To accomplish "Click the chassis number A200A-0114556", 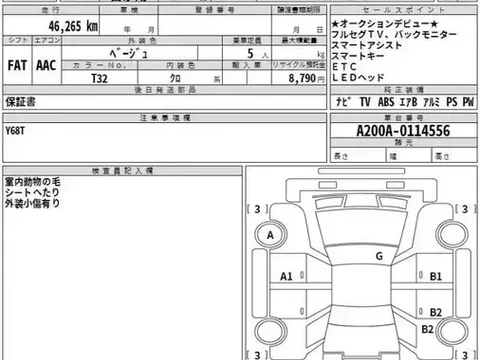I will point(402,129).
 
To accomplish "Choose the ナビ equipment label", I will point(340,102).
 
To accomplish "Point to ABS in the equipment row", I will point(383,102).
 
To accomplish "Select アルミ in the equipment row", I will point(429,102).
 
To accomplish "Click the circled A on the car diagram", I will point(270,236).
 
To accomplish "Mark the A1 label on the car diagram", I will point(286,275).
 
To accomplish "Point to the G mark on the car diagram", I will point(379,256).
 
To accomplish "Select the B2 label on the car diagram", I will point(426,329).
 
